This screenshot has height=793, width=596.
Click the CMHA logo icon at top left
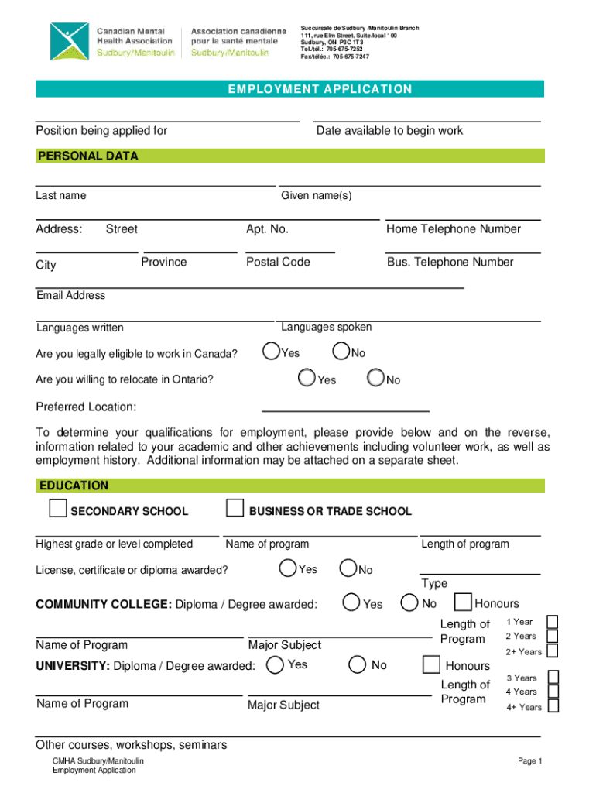[x=69, y=41]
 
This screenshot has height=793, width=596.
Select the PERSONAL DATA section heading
[x=87, y=156]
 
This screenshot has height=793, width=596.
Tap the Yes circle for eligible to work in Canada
[x=271, y=352]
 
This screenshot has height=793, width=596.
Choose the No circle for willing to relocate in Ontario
[x=376, y=378]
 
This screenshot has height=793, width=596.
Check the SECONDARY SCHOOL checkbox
[x=57, y=509]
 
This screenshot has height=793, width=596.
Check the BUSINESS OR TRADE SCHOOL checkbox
[x=235, y=509]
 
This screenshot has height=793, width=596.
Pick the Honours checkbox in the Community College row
[x=463, y=602]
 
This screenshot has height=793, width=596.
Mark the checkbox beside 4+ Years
[x=553, y=705]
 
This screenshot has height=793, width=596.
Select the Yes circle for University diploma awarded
[x=274, y=664]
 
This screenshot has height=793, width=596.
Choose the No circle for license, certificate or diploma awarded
[x=348, y=568]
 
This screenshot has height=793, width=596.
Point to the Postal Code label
[x=278, y=262]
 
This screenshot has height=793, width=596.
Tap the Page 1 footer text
[x=530, y=761]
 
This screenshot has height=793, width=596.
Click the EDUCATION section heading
[x=73, y=486]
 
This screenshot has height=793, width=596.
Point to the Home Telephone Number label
[x=454, y=228]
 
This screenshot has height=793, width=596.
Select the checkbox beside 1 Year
[x=553, y=622]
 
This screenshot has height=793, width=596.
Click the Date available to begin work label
[x=389, y=130]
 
